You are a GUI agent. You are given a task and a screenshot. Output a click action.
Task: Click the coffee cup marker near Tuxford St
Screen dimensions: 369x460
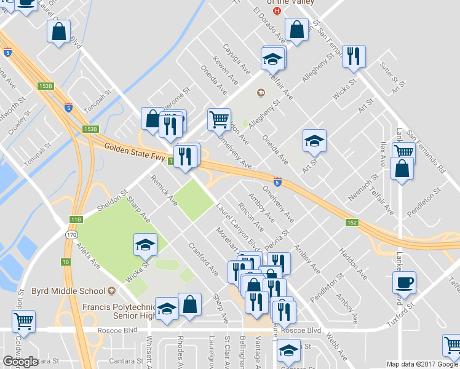(x=403, y=284)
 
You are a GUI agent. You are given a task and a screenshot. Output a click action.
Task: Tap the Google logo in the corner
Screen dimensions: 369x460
(x=20, y=362)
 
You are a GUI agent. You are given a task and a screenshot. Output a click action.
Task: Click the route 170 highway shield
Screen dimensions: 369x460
(x=71, y=234)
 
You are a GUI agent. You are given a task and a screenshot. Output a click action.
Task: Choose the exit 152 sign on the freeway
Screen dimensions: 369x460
(x=351, y=223)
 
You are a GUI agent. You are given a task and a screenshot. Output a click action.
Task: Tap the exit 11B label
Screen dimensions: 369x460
(x=76, y=219)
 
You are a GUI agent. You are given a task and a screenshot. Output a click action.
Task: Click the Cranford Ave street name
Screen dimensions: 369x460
(x=204, y=260)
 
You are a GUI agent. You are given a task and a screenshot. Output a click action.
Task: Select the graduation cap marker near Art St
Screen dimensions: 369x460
(x=314, y=141)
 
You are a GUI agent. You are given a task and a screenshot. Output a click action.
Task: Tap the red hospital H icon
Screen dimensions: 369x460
(x=277, y=11)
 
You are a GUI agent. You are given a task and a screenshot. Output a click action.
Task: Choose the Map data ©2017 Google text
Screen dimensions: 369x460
(x=422, y=364)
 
